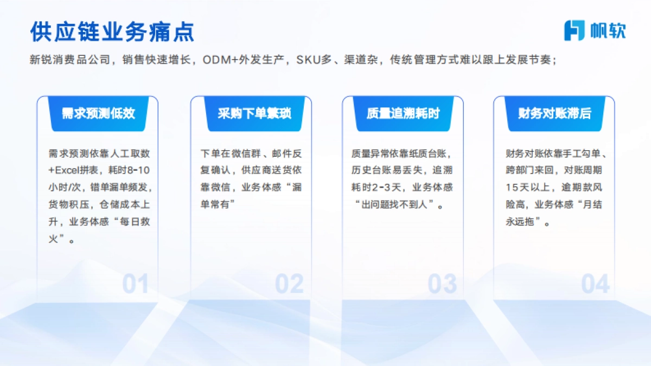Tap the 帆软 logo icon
(x=575, y=30)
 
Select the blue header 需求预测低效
(x=98, y=113)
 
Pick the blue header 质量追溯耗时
(x=403, y=113)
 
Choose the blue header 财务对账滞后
(x=554, y=113)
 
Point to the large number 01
(x=135, y=284)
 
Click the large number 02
(x=289, y=284)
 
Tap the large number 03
(x=442, y=284)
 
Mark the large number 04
(x=595, y=284)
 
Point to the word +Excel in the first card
(x=65, y=170)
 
